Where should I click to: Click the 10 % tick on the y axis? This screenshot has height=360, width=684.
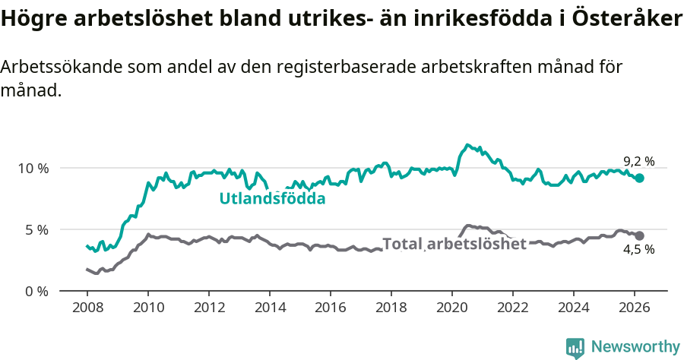tap(30, 168)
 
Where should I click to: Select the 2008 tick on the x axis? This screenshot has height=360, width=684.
tap(87, 308)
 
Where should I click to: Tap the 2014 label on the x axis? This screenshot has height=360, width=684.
tap(269, 308)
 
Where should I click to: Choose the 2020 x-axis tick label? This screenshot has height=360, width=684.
tap(451, 308)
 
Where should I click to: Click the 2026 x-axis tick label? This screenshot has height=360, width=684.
tap(634, 308)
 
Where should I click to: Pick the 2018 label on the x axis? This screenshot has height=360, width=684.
tap(391, 308)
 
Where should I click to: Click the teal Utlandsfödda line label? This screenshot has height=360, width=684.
tap(272, 199)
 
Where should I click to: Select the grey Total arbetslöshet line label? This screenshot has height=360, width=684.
tap(454, 244)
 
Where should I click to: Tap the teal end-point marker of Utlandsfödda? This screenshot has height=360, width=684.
tap(640, 178)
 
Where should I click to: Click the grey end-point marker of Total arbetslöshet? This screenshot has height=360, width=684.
tap(640, 236)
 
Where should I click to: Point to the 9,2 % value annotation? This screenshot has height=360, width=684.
tap(638, 161)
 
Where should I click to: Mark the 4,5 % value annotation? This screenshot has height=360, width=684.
tap(638, 250)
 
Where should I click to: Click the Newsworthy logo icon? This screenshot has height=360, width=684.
tap(575, 347)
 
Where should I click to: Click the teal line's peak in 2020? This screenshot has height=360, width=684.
tap(467, 144)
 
